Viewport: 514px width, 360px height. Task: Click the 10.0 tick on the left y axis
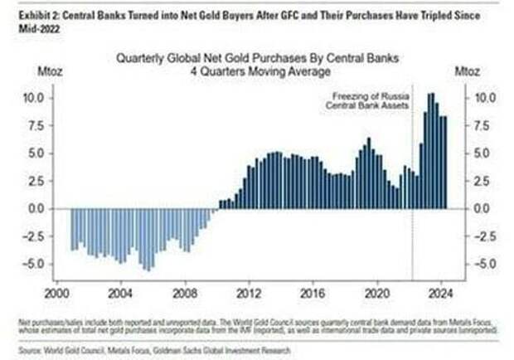tap(32, 97)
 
